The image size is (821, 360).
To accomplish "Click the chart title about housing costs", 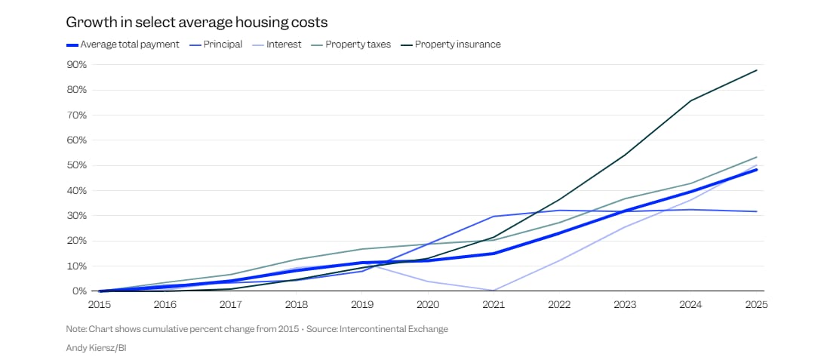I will [196, 22].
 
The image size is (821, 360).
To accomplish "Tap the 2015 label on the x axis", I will [100, 304].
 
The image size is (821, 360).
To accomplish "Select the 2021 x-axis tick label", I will [494, 304].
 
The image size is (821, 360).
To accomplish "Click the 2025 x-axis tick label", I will [756, 304].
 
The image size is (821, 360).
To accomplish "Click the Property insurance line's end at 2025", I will [756, 70].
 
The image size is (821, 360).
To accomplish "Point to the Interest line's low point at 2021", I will [494, 290].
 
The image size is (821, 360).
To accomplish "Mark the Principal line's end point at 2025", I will [756, 211].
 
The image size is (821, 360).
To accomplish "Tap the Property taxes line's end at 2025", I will [756, 157].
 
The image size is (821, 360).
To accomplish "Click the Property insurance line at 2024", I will [690, 100].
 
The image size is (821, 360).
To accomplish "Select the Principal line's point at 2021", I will [494, 217].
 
